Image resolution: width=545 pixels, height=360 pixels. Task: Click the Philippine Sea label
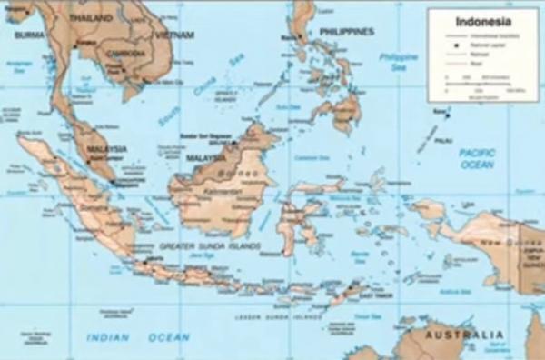398,61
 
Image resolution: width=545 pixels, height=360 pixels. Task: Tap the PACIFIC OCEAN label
477,158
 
